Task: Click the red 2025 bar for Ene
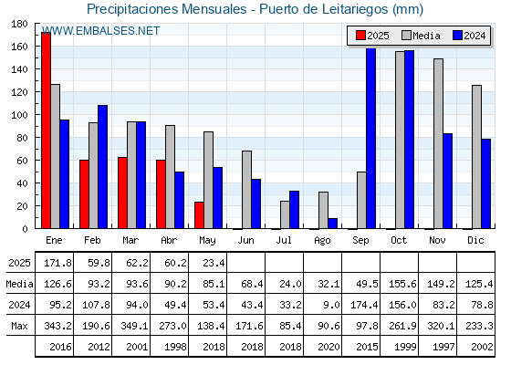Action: [x=46, y=130]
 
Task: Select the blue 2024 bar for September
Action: [x=370, y=139]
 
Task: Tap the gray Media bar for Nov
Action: [x=438, y=144]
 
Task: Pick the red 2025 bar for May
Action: [x=199, y=215]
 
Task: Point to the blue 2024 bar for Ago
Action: [x=333, y=224]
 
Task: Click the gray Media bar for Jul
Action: [x=285, y=214]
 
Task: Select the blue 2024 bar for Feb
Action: [x=102, y=167]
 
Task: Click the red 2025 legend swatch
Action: [x=360, y=36]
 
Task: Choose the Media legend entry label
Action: [x=426, y=36]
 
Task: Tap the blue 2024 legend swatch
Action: [x=457, y=36]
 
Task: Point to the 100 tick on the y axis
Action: [x=36, y=115]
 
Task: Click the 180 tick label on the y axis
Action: [x=19, y=24]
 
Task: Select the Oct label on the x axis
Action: [x=399, y=240]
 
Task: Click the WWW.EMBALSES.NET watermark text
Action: [x=100, y=31]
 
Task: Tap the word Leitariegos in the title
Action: [x=355, y=9]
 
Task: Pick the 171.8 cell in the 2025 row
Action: [x=57, y=263]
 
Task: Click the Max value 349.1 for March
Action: [x=134, y=326]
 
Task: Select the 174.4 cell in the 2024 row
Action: [x=364, y=305]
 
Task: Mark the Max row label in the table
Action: [x=19, y=326]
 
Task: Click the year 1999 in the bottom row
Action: [x=405, y=347]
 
